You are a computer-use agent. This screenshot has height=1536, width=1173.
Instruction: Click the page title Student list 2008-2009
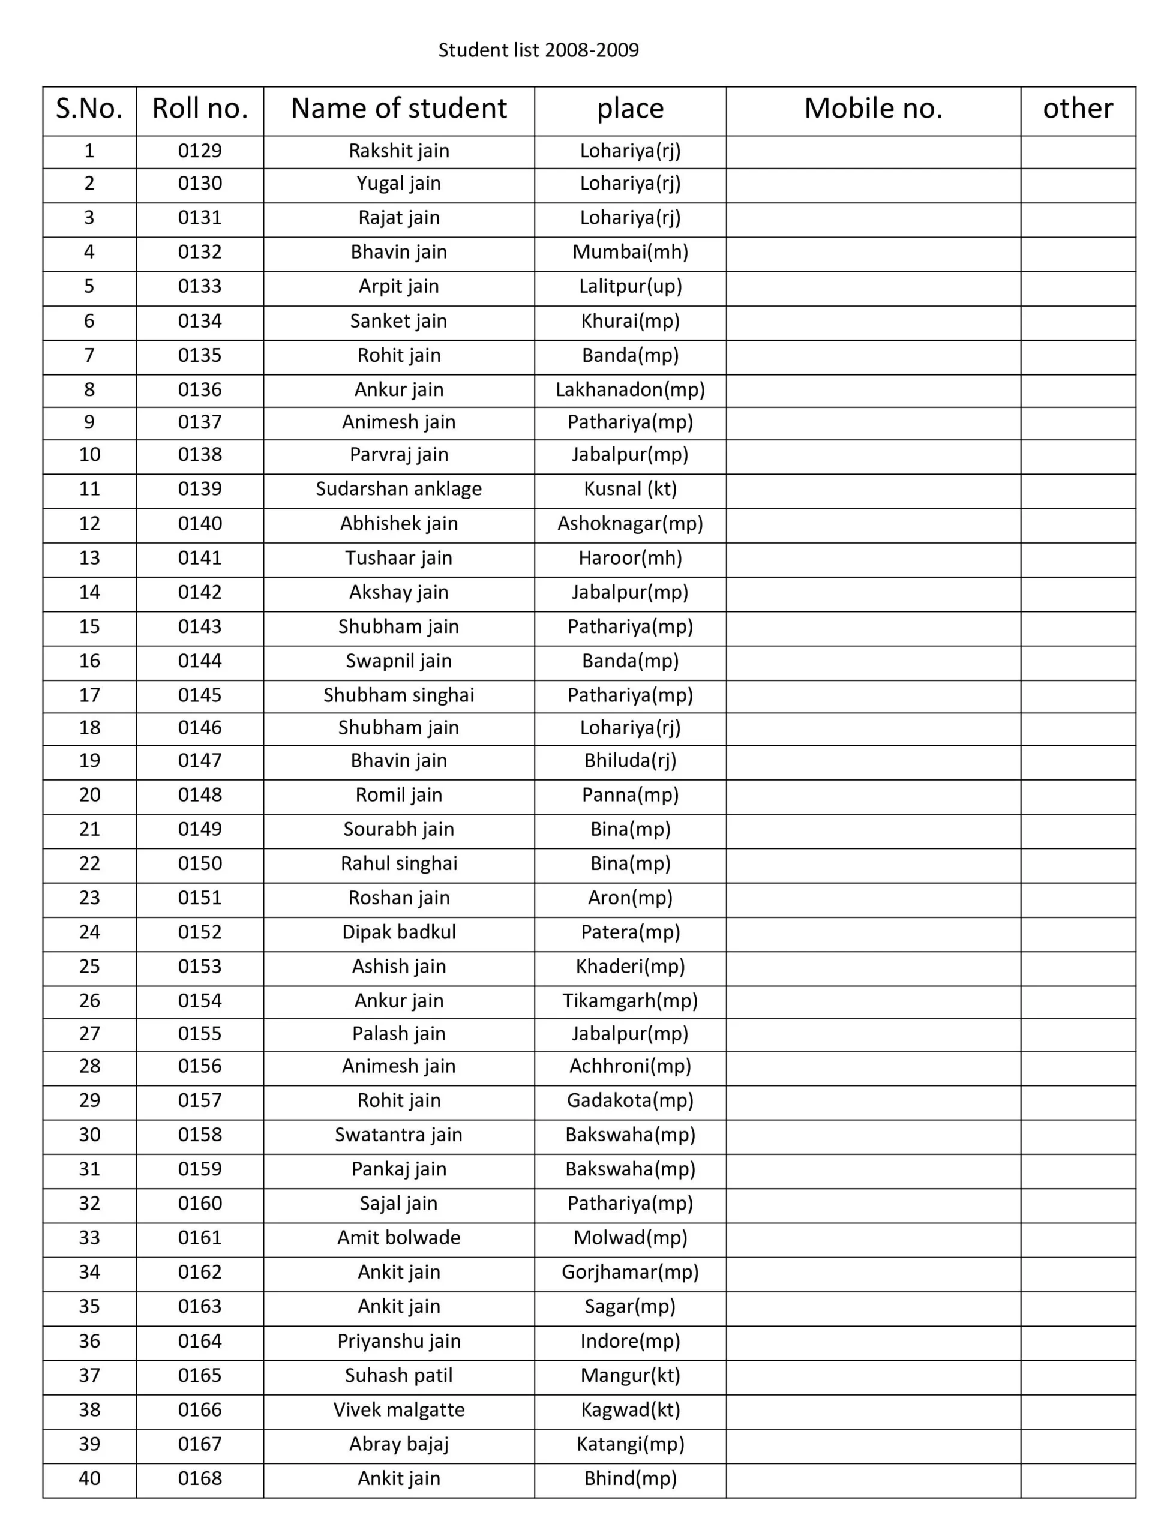click(538, 50)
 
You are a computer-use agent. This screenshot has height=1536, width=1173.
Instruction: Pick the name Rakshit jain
click(398, 151)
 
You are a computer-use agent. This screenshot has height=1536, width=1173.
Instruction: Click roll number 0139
click(200, 489)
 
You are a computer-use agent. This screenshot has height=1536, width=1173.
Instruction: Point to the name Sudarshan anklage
click(398, 489)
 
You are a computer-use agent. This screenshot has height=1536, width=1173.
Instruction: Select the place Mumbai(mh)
click(630, 252)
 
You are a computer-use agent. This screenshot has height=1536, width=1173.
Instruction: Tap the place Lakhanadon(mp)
click(630, 389)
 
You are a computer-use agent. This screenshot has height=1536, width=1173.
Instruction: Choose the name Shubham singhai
click(398, 695)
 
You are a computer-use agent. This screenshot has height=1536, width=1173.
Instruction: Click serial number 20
click(89, 794)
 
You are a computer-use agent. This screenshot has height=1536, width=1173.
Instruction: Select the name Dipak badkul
click(398, 932)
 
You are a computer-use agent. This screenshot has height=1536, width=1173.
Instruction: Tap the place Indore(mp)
click(630, 1340)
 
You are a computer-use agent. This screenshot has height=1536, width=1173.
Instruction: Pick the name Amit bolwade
click(398, 1237)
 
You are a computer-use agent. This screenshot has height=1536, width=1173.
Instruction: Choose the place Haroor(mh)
click(630, 558)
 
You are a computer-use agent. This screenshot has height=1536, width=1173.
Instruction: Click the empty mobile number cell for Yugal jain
click(873, 184)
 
